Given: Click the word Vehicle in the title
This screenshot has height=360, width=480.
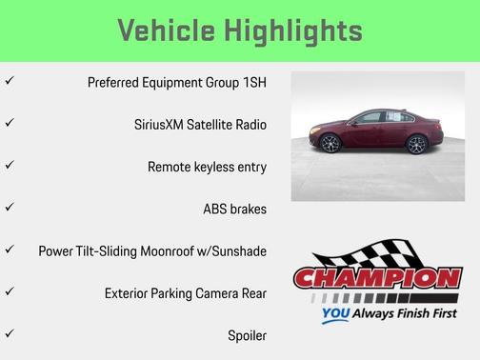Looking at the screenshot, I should (168, 30).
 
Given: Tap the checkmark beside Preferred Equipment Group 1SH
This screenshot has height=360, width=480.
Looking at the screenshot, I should (10, 82).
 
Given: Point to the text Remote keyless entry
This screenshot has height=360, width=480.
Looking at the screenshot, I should (207, 167).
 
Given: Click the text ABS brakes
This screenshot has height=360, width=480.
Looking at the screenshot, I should (234, 209).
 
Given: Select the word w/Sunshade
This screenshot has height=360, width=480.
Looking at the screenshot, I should (231, 251).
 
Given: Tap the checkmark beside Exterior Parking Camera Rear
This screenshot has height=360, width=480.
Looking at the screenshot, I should (10, 291).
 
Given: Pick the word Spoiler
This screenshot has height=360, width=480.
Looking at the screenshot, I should (246, 335).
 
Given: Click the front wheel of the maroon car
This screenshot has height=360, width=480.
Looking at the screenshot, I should (330, 145).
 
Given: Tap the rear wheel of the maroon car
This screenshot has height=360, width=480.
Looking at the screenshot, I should (417, 145).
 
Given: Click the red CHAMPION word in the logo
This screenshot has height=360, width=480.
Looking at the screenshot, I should (377, 279).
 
